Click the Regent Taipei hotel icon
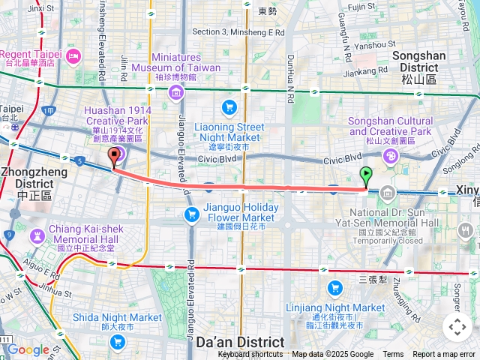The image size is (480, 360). tap(73, 56)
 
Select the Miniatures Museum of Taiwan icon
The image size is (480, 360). tap(175, 93)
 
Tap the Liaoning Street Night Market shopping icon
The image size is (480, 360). tap(228, 107)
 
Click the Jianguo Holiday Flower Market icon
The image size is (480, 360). tap(192, 215)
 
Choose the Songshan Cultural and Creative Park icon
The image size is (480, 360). tap(390, 156)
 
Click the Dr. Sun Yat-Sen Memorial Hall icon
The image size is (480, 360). tap(386, 192)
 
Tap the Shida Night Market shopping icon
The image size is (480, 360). tap(117, 341)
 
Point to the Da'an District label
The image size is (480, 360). tap(239, 342)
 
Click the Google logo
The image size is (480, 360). tap(28, 349)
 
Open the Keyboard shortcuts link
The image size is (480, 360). tap(251, 355)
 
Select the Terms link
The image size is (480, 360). tap(393, 355)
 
